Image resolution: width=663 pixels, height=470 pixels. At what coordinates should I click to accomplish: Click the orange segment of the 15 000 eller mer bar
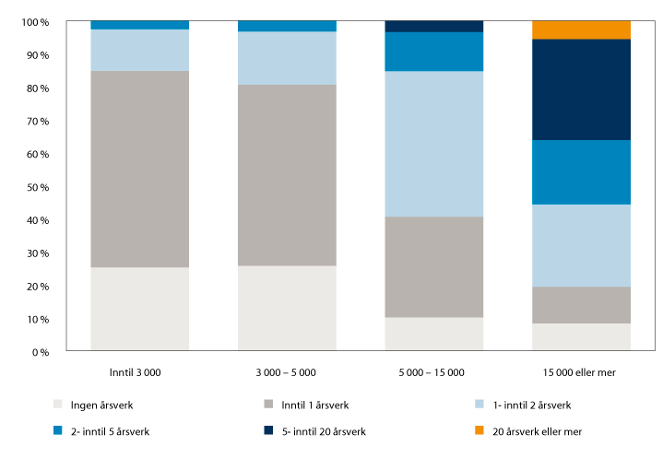pyautogui.click(x=581, y=29)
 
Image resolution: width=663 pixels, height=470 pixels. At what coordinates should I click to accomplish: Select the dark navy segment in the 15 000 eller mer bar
pyautogui.click(x=581, y=89)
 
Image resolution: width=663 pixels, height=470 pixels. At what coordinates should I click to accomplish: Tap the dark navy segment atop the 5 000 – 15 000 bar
pyautogui.click(x=433, y=26)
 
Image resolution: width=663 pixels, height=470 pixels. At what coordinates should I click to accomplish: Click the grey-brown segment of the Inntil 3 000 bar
pyautogui.click(x=139, y=169)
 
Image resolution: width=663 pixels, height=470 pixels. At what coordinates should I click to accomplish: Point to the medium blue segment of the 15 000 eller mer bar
pyautogui.click(x=581, y=172)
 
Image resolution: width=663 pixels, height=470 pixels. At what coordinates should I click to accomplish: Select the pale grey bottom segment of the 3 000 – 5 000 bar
pyautogui.click(x=287, y=308)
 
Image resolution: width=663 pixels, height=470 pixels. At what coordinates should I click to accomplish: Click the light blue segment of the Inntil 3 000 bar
pyautogui.click(x=139, y=50)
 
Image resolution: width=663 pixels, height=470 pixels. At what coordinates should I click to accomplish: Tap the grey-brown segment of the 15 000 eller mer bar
pyautogui.click(x=581, y=304)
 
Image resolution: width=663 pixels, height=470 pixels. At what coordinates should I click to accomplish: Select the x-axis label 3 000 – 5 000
pyautogui.click(x=287, y=372)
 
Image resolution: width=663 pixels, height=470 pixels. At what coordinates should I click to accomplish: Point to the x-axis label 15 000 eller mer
pyautogui.click(x=581, y=372)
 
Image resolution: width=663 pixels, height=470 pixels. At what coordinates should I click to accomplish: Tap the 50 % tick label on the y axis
pyautogui.click(x=37, y=187)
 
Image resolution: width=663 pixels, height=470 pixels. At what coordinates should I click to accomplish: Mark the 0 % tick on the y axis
pyautogui.click(x=41, y=352)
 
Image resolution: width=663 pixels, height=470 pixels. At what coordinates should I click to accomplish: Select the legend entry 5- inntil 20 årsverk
pyautogui.click(x=310, y=430)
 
